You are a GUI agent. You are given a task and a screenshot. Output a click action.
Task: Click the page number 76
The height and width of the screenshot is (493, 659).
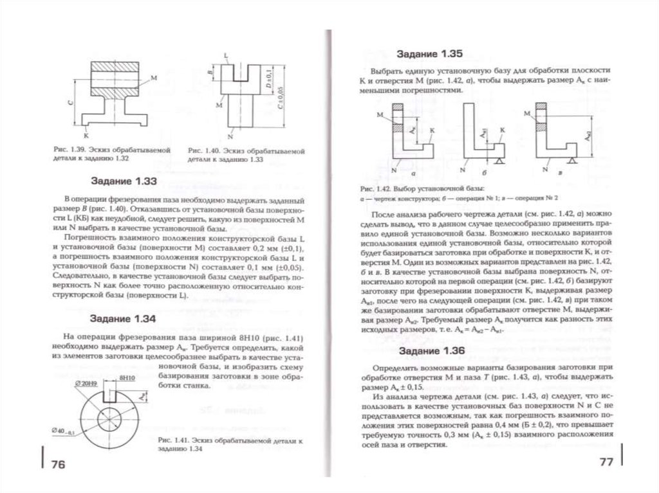pyautogui.click(x=55, y=464)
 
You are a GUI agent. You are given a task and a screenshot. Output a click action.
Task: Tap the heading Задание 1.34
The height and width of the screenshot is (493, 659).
pyautogui.click(x=124, y=319)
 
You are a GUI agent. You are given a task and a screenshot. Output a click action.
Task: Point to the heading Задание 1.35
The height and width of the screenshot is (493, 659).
pyautogui.click(x=429, y=53)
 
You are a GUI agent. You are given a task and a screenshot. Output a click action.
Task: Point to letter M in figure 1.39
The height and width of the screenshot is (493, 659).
pyautogui.click(x=153, y=78)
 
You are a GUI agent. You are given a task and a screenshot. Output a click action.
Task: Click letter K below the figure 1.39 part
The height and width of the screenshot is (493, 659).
pyautogui.click(x=86, y=136)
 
